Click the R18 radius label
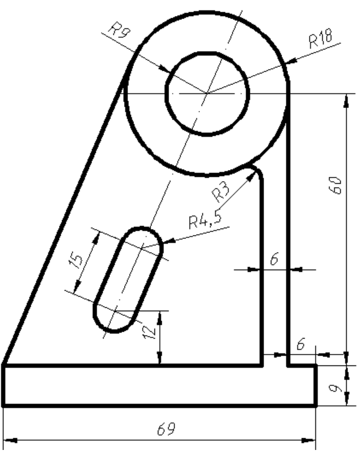tap(320, 38)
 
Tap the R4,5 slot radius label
tap(205, 221)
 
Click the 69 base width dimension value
tap(166, 429)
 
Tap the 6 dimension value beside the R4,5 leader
tap(274, 259)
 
